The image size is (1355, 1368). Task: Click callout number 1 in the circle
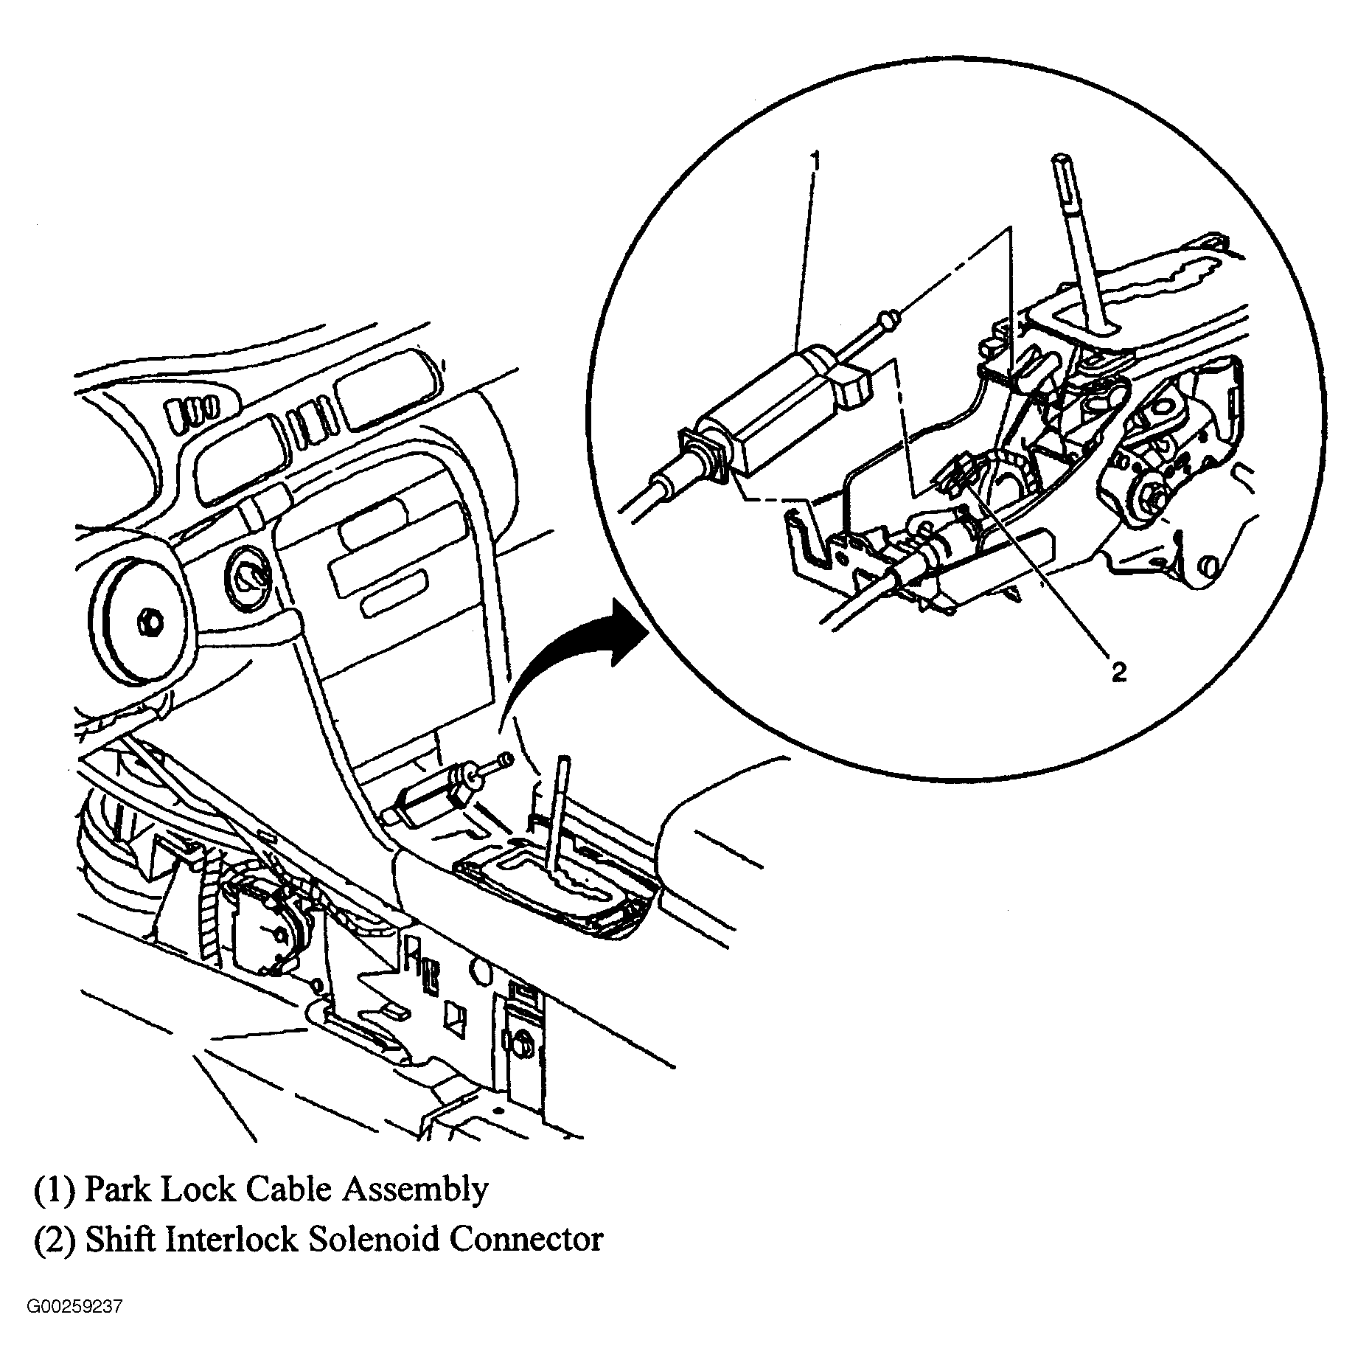point(814,159)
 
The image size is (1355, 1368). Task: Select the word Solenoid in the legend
point(374,1239)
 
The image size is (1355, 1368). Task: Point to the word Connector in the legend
point(526,1239)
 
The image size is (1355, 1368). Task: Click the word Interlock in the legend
point(231,1239)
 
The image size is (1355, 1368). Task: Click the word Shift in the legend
point(121,1239)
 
